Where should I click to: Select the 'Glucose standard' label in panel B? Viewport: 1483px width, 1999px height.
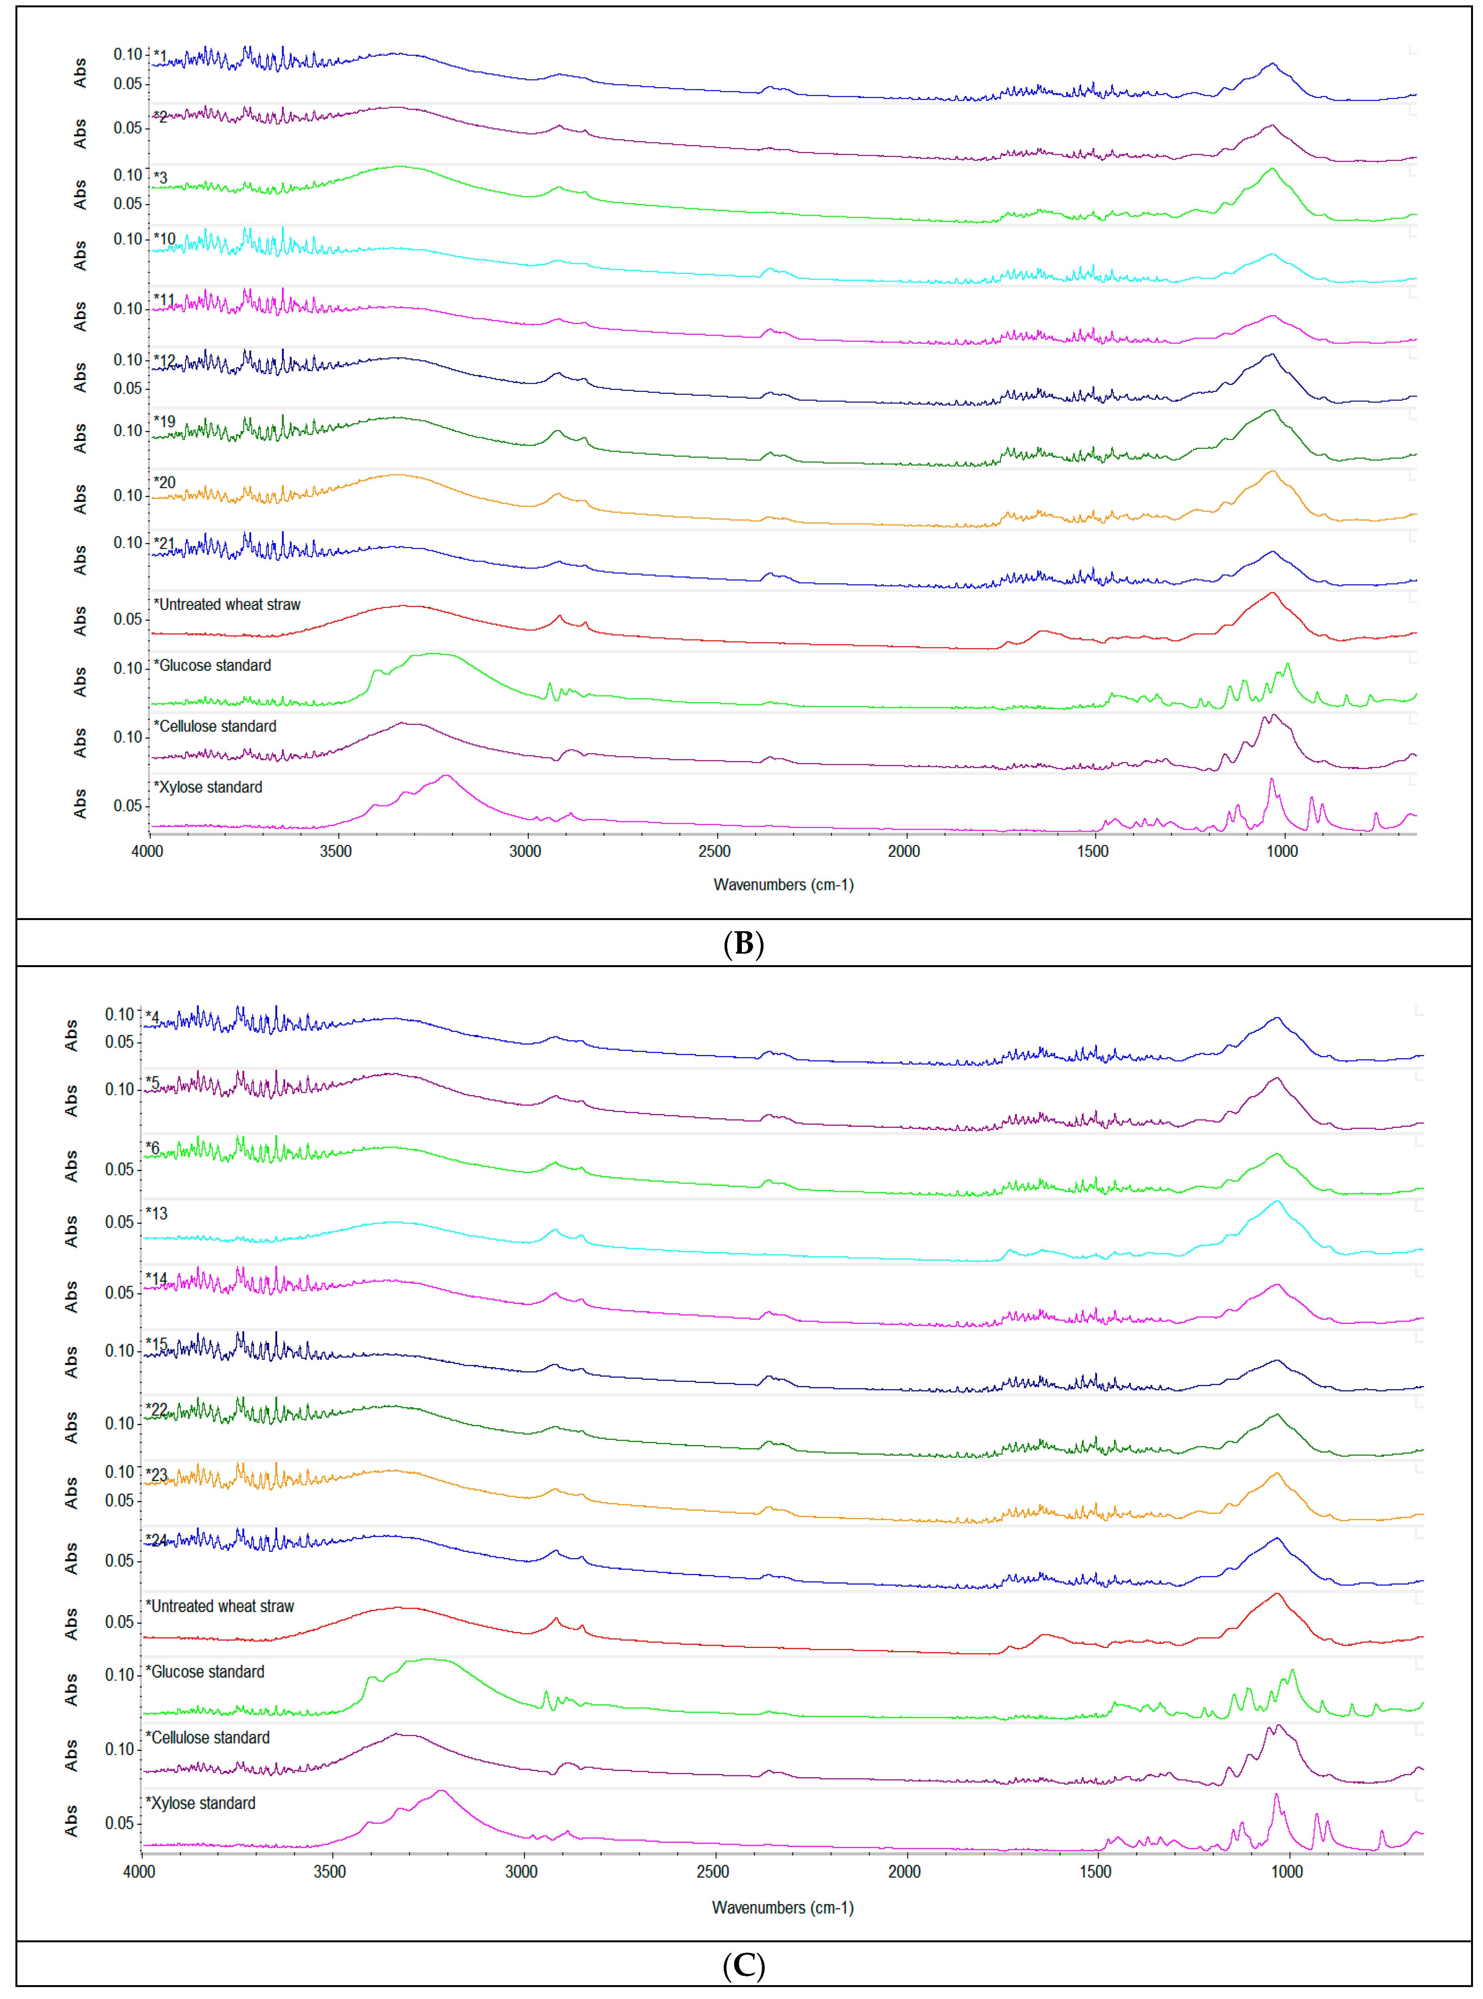click(213, 665)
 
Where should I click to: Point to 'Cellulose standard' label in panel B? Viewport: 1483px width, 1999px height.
click(216, 726)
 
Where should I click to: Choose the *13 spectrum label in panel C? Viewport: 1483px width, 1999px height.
click(157, 1213)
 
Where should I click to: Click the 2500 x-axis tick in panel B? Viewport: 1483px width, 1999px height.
click(715, 851)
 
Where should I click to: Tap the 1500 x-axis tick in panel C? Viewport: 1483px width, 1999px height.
click(1095, 1871)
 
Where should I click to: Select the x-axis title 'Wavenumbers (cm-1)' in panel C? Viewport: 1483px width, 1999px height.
click(783, 1908)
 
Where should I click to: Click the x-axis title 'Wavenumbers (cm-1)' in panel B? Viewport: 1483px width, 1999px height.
click(783, 885)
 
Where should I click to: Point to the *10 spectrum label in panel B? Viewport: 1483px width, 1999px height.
click(165, 239)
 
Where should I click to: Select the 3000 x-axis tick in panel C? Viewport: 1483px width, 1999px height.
click(522, 1871)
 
